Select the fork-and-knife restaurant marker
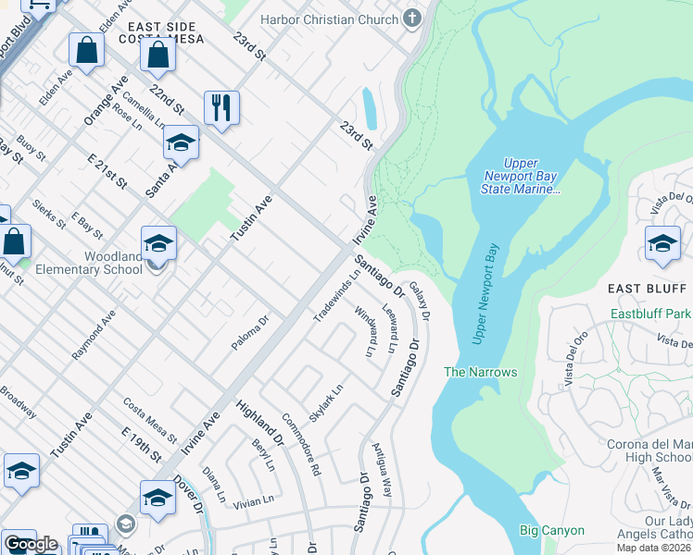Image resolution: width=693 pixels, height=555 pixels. pos(221,108)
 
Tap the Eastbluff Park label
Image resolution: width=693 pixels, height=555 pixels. pos(650,314)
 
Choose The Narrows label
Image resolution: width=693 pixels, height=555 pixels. pos(480,372)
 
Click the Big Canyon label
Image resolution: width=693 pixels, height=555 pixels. pos(551,530)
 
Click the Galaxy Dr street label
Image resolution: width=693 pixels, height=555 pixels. pos(420,301)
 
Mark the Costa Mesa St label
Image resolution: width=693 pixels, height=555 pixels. pos(149,418)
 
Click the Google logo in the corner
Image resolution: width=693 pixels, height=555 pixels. pos(31,544)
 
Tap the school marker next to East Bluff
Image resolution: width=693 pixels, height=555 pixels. pos(662,244)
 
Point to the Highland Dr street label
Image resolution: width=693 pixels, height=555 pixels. pos(259,424)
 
